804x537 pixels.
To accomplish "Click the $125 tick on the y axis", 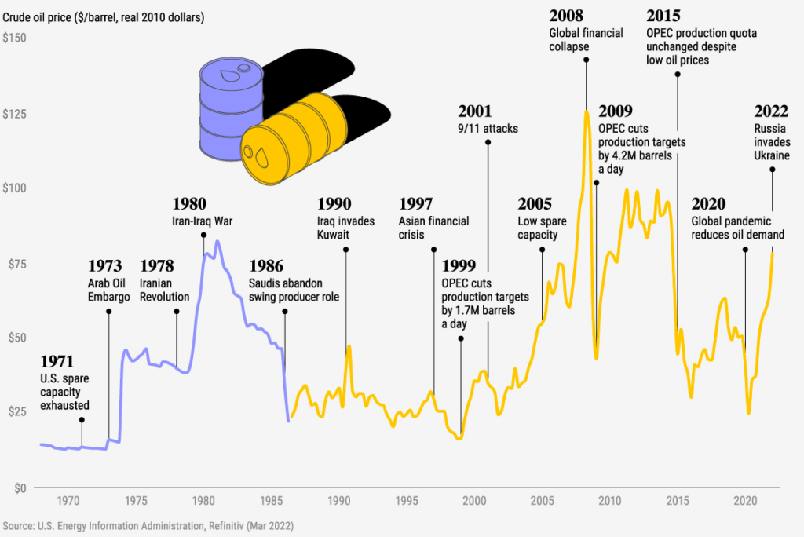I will pyautogui.click(x=15, y=113).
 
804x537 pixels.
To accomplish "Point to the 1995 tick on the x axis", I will pyautogui.click(x=406, y=500).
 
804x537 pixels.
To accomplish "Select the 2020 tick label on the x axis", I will pyautogui.click(x=744, y=500).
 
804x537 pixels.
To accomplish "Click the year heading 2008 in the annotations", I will pyautogui.click(x=565, y=15).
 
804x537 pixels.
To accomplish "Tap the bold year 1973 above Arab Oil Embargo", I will pyautogui.click(x=104, y=265).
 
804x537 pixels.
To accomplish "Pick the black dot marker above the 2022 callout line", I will pyautogui.click(x=773, y=169).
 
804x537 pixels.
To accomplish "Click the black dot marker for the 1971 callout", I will pyautogui.click(x=82, y=420).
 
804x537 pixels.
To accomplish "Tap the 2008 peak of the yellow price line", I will pyautogui.click(x=586, y=111).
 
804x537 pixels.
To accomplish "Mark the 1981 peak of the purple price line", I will pyautogui.click(x=217, y=241).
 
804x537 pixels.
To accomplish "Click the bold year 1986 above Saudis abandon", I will pyautogui.click(x=265, y=265).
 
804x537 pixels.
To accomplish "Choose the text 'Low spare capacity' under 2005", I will pyautogui.click(x=538, y=227).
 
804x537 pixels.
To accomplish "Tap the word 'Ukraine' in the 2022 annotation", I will pyautogui.click(x=773, y=156).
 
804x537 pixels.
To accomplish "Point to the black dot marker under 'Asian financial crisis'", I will pyautogui.click(x=433, y=250).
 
